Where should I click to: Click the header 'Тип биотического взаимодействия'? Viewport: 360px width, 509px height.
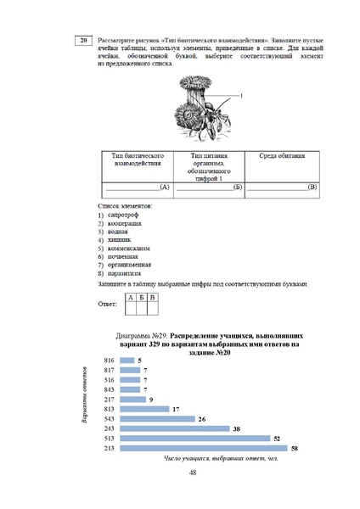(136, 160)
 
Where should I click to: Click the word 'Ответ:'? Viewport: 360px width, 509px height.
(108, 303)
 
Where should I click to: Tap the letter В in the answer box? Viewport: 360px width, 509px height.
(152, 298)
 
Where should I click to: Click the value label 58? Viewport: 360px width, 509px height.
(294, 447)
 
